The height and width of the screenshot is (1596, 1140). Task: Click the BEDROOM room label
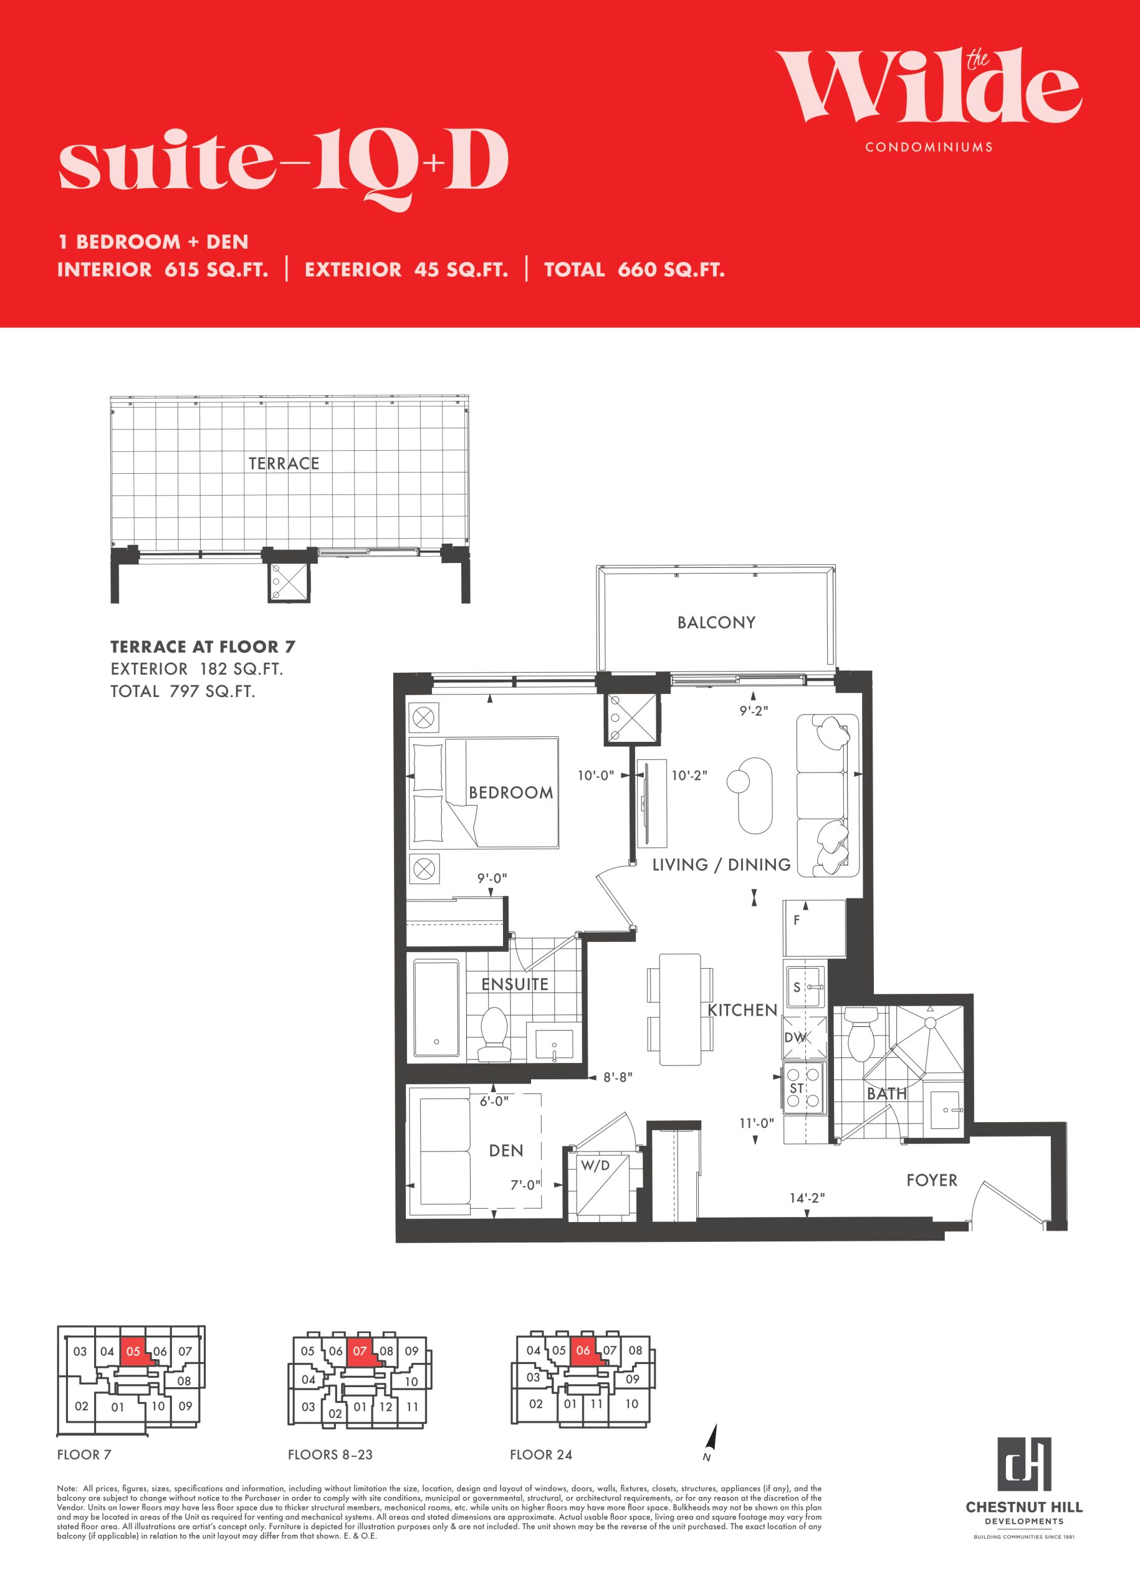510,793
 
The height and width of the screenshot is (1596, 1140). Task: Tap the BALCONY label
716,622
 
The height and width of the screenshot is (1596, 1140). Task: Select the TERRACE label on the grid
284,463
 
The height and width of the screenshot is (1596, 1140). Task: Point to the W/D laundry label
595,1166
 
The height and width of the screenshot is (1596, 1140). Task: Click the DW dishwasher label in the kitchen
795,1038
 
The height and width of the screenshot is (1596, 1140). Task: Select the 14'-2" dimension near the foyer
807,1198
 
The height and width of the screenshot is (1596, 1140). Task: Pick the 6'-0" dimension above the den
494,1102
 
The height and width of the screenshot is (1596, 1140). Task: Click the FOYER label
932,1180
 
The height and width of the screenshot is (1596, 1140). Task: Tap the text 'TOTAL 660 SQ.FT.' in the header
635,269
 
